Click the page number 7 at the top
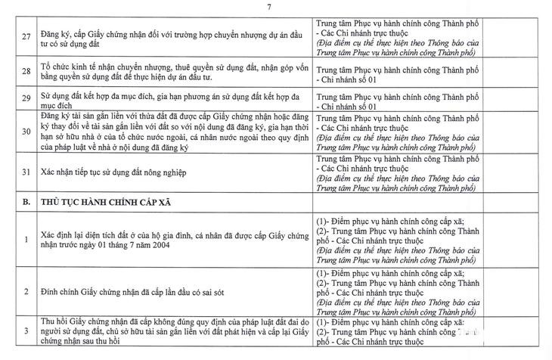(277, 8)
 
